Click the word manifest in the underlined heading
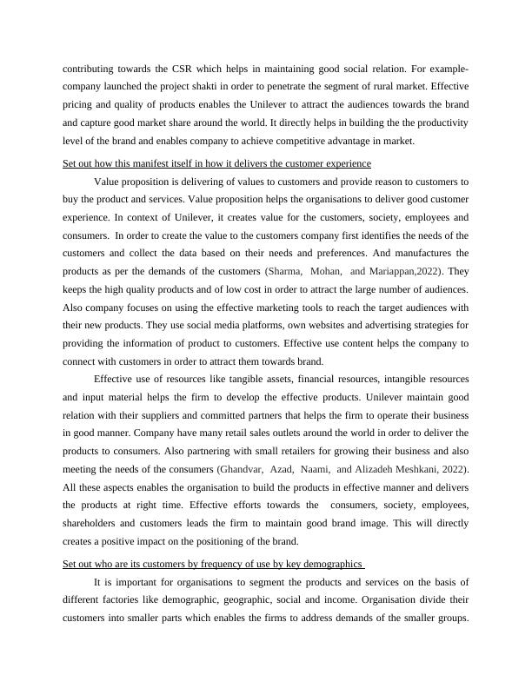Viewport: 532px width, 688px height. (160, 163)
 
